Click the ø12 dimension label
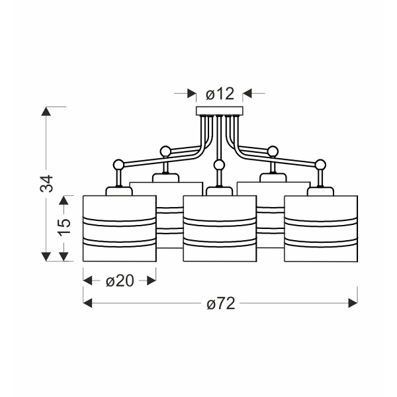[x=220, y=94]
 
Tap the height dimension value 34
[x=46, y=183]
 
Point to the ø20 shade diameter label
[x=119, y=281]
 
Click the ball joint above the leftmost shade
[x=118, y=163]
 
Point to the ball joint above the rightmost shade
[x=320, y=163]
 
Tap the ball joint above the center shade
[x=218, y=163]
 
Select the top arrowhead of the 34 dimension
[x=46, y=110]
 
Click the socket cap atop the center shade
[x=218, y=191]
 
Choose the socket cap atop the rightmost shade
[x=320, y=191]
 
